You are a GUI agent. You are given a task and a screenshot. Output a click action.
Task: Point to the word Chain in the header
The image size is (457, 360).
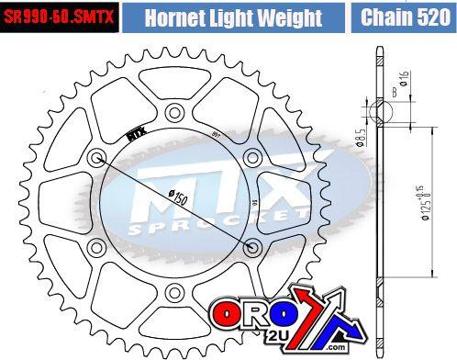click(385, 17)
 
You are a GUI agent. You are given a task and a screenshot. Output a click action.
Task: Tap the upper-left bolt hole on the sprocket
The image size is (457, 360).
click(96, 153)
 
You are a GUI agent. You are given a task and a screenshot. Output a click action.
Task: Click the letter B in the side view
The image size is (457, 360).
click(395, 92)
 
